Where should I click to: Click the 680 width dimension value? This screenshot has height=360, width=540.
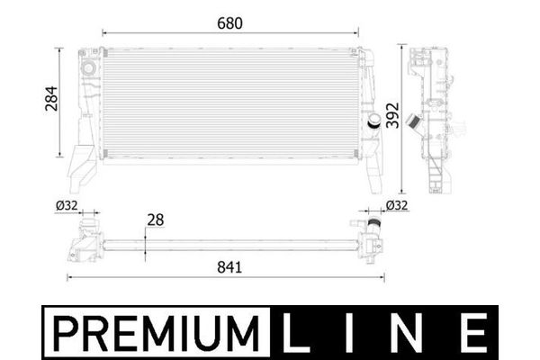(229, 23)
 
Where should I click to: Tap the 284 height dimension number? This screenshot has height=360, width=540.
(51, 98)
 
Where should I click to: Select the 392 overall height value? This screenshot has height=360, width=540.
(392, 115)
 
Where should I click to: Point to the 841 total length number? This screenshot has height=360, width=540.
(229, 267)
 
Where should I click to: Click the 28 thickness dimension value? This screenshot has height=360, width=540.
(156, 220)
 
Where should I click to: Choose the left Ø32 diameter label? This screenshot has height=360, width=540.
(67, 206)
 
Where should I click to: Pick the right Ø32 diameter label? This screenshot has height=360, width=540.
(397, 205)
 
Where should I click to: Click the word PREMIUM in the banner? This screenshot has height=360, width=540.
(157, 333)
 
